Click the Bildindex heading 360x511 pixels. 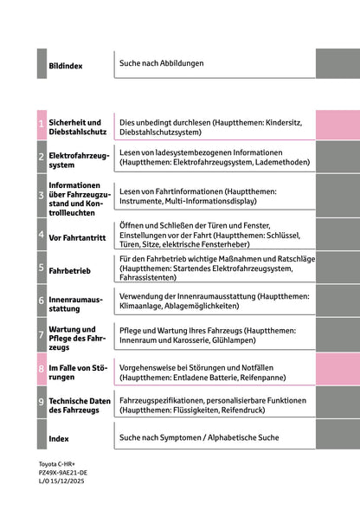[x=65, y=65]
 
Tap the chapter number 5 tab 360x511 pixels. [x=42, y=268]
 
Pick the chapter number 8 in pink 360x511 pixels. [x=42, y=369]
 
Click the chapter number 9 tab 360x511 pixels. [x=42, y=403]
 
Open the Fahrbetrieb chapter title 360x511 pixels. [x=70, y=269]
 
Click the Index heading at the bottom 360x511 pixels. [x=59, y=438]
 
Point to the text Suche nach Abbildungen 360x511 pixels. [x=162, y=63]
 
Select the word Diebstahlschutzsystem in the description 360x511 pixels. [x=160, y=133]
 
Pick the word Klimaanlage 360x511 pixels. [x=143, y=306]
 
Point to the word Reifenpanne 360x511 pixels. [x=275, y=377]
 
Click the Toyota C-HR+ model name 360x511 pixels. [x=57, y=465]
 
